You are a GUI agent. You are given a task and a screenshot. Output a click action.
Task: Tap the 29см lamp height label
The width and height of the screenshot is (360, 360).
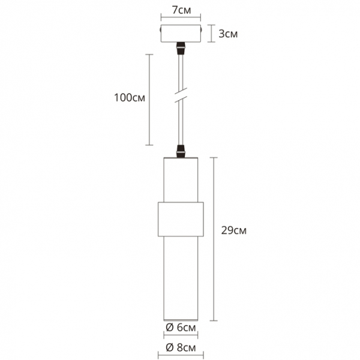click(x=233, y=230)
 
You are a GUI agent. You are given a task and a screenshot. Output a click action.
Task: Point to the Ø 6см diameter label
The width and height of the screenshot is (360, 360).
click(x=180, y=327)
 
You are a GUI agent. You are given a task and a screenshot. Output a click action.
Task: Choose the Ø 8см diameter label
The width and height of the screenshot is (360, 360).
click(x=180, y=347)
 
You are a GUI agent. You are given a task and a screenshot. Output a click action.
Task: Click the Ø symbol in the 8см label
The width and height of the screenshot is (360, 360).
click(x=169, y=347)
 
